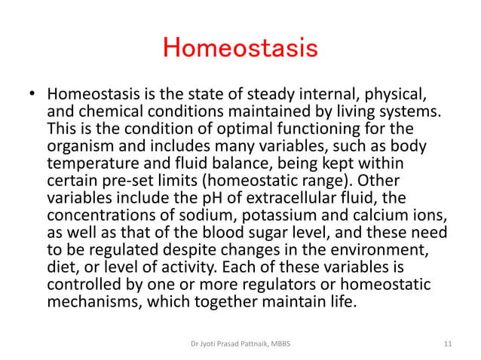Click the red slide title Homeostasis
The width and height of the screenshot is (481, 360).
tap(240, 49)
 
